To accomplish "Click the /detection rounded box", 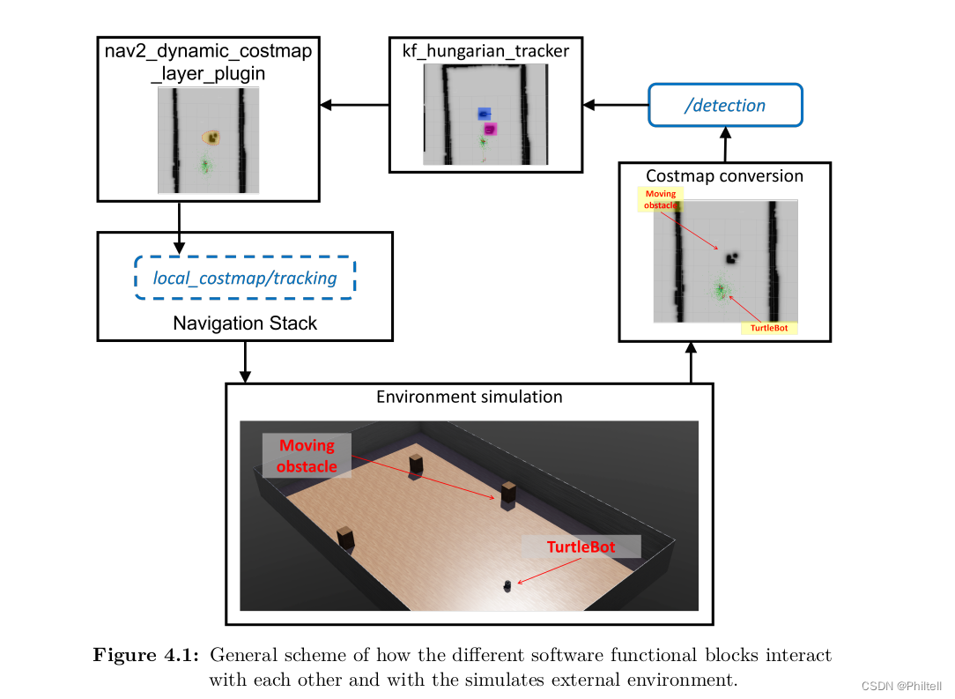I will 725,106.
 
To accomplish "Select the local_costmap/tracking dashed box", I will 245,278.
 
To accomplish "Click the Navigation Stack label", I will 245,323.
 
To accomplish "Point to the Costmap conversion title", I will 724,175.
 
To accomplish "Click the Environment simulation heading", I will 469,396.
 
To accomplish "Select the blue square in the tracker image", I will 484,114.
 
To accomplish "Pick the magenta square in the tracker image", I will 491,129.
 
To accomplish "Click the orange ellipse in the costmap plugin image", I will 211,138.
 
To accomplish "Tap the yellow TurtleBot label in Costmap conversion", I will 769,327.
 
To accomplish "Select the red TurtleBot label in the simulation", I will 581,547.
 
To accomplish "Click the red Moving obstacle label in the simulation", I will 307,456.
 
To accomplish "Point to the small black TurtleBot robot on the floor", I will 507,584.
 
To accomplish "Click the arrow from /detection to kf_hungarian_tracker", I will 617,106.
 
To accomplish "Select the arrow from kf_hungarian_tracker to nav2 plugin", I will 354,106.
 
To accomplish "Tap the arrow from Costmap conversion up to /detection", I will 724,145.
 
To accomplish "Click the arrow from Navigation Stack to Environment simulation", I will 245,361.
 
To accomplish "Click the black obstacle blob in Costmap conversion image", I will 731,257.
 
